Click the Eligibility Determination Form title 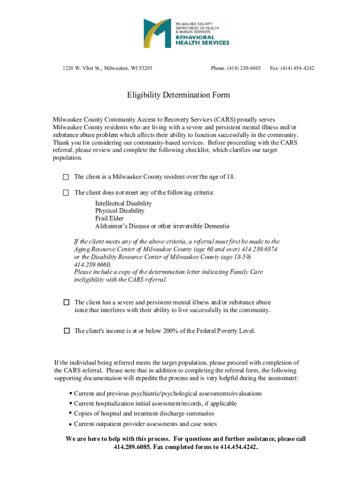point(179,95)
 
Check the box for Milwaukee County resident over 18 point(66,177)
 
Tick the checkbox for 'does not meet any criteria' point(66,192)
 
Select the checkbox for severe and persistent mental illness point(66,302)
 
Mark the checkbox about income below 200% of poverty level point(66,331)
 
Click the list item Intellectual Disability point(123,203)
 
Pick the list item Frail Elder point(109,218)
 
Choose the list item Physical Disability point(120,211)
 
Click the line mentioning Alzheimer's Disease point(162,226)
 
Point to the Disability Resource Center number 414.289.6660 point(93,264)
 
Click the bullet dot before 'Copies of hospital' point(70,414)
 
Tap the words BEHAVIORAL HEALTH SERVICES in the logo point(202,39)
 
